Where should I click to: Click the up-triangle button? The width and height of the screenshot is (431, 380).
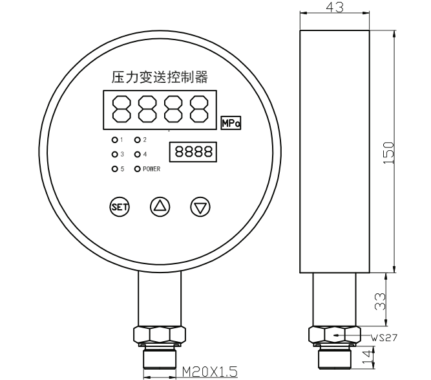click(x=160, y=207)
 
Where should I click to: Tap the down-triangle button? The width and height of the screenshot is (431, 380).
click(x=200, y=207)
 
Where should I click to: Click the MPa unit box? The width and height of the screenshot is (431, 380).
click(x=231, y=123)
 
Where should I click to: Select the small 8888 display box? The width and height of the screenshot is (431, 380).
click(x=193, y=151)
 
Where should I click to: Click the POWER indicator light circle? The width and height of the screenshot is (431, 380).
click(x=137, y=169)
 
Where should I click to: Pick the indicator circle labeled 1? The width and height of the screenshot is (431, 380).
click(x=114, y=140)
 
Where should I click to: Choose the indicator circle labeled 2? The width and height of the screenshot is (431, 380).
click(x=137, y=140)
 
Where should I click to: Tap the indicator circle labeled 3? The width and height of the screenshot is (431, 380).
click(x=114, y=155)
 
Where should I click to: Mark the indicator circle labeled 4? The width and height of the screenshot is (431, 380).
click(x=137, y=155)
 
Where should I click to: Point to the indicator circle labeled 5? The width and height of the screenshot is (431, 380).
click(x=114, y=169)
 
